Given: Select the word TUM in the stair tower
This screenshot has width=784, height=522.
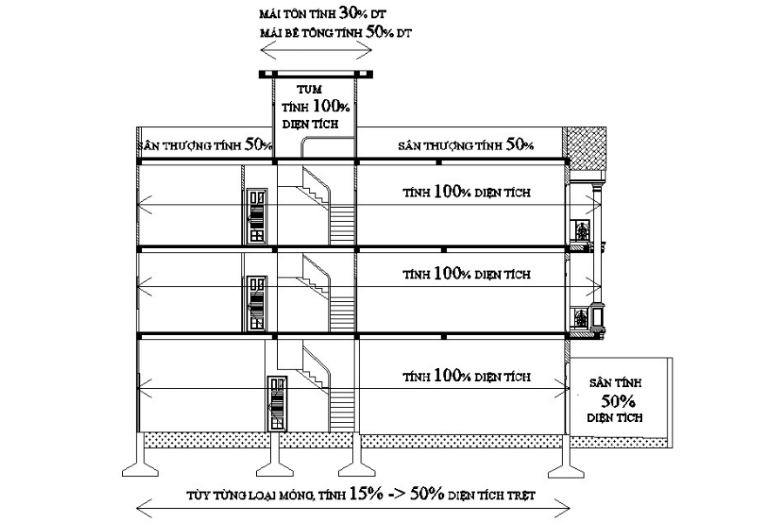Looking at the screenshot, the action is (x=309, y=90).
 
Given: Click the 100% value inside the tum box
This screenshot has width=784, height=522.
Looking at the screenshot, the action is (x=331, y=106).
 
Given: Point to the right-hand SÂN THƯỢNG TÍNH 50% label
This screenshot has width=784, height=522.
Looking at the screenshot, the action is (x=466, y=145).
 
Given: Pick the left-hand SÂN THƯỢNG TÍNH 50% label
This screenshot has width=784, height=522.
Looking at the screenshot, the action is (x=205, y=145).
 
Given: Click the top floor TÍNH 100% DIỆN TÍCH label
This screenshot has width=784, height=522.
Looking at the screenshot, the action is (x=467, y=191).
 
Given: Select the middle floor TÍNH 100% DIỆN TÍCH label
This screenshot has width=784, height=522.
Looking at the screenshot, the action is (x=467, y=274).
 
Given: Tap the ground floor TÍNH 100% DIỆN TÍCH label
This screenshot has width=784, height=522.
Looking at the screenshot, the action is (x=467, y=376).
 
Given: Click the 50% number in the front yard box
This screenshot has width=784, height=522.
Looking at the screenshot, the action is (x=618, y=401).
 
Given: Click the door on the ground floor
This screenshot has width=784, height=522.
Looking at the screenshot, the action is (x=277, y=403).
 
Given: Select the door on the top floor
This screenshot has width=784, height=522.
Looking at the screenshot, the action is (x=257, y=217).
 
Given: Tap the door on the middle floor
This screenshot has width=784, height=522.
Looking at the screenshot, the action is (x=257, y=304).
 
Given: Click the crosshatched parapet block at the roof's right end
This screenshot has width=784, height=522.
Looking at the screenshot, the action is (x=585, y=149).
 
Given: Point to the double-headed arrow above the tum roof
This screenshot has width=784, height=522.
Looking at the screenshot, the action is (x=316, y=50).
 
